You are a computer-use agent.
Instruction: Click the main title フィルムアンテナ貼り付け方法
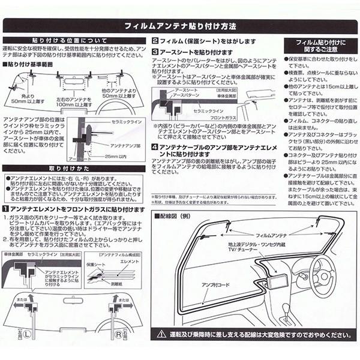point(180,26)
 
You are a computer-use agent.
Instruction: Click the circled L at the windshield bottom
point(28,331)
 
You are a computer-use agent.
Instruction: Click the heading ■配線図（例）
point(174,214)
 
